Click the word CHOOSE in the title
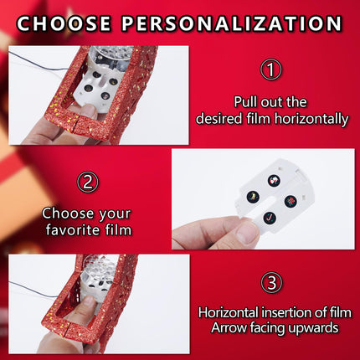[x=64, y=23]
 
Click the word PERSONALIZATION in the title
[x=232, y=23]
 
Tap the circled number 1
[x=271, y=69]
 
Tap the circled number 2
[x=88, y=183]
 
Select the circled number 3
[x=271, y=283]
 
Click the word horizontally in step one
[x=311, y=119]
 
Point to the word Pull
[x=245, y=102]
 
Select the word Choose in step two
[x=68, y=213]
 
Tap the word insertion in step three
[x=286, y=312]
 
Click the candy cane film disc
[x=270, y=218]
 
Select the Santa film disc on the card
[x=274, y=180]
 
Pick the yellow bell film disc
[x=253, y=197]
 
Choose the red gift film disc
[x=291, y=201]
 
